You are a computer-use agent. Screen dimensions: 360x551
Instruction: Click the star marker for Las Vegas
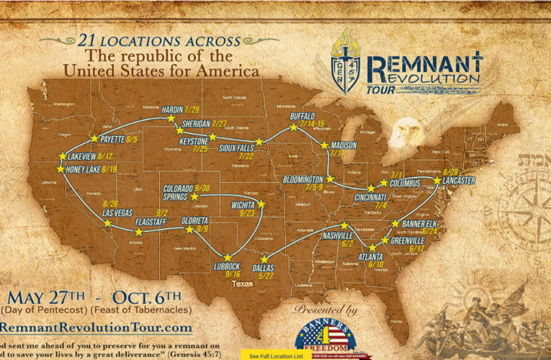[107, 223]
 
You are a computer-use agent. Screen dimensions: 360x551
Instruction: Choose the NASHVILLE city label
[337, 236]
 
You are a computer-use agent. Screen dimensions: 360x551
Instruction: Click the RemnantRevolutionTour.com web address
[97, 328]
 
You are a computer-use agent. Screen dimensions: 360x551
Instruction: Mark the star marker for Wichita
[261, 204]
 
